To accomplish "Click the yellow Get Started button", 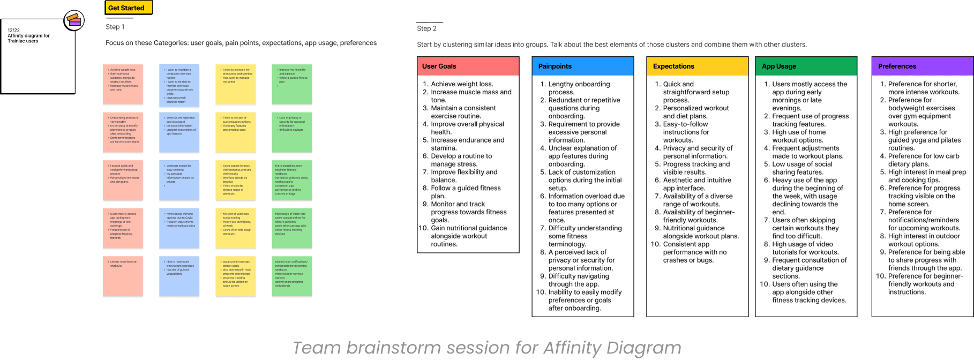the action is click(128, 7).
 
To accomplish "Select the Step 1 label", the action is click(115, 27).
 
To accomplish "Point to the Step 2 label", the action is click(426, 28).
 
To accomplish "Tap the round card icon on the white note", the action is click(74, 21).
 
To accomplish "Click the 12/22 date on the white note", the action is click(13, 31).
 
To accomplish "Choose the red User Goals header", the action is click(468, 66).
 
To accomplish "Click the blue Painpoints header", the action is click(582, 66).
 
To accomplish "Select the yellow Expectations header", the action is click(697, 66).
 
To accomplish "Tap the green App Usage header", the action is click(806, 66).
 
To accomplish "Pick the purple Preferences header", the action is click(922, 66).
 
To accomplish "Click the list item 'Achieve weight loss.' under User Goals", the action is click(462, 84).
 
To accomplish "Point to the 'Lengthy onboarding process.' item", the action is click(579, 88).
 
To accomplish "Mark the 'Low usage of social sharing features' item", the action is click(801, 168).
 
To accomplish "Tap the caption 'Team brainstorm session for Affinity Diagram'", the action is click(487, 348).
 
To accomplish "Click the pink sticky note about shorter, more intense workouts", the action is click(123, 276).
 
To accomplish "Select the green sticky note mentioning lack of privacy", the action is click(292, 132).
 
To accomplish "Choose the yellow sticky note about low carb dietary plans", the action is click(236, 276).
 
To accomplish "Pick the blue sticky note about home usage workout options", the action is click(179, 228).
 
